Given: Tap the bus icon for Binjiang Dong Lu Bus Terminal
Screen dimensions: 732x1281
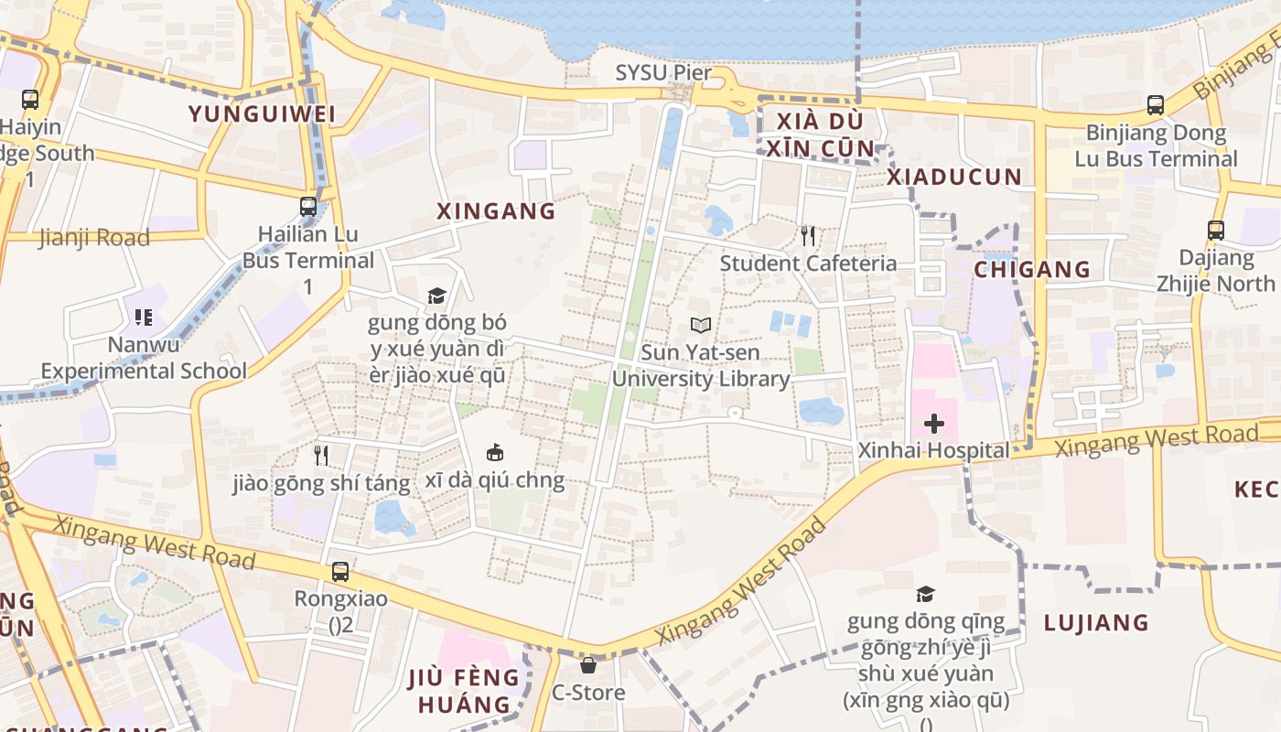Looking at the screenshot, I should point(1155,105).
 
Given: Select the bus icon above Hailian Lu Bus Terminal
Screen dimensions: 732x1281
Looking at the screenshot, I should point(308,207).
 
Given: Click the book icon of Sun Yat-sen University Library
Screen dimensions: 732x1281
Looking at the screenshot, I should point(701,325).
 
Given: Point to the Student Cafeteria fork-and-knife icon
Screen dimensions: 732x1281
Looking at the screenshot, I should point(807,236).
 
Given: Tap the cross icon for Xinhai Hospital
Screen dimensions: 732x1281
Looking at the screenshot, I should point(933,424).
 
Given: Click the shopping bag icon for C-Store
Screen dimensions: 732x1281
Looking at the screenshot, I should point(588,665).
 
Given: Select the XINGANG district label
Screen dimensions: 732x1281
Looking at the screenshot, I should point(496,211).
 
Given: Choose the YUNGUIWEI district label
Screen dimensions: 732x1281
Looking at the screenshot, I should point(262,114).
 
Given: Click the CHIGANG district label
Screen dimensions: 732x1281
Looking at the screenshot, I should point(1032,269).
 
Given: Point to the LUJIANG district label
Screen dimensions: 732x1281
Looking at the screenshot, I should point(1096,623).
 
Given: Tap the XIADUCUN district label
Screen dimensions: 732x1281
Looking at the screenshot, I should point(954,178).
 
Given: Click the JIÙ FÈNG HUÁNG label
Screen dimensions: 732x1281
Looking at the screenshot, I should point(464,691).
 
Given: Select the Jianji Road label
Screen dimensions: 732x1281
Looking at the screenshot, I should point(93,238).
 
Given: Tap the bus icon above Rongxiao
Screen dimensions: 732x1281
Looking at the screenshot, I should point(339,572).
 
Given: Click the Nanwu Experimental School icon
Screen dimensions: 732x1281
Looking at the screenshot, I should point(143,318).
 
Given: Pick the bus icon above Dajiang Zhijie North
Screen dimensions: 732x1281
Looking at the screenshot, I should point(1215,231).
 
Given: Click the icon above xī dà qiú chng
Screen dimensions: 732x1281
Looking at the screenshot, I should point(494,452).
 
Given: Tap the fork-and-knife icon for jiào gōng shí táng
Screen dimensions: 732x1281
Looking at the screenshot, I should point(320,455).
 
